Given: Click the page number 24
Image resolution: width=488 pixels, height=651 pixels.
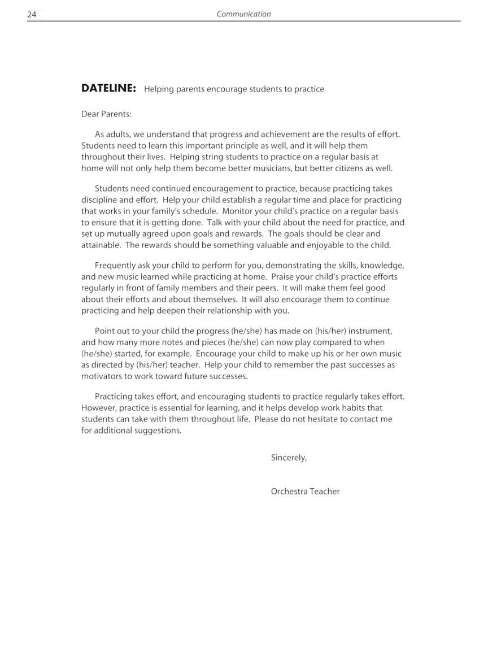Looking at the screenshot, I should [x=32, y=15].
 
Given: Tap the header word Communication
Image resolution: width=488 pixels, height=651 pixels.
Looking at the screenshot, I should [x=243, y=14].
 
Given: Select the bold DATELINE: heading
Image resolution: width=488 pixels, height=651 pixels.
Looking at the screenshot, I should [x=108, y=88].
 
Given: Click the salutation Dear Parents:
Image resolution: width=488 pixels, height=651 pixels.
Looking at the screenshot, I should [x=106, y=114].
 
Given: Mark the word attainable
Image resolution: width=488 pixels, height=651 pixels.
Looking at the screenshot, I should [x=100, y=245].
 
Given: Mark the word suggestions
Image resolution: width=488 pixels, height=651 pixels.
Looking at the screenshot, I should [x=158, y=431].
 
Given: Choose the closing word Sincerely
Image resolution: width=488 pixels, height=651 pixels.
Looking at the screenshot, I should [x=289, y=458].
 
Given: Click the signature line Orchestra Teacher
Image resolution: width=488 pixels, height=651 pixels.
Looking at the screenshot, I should [x=305, y=492].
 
